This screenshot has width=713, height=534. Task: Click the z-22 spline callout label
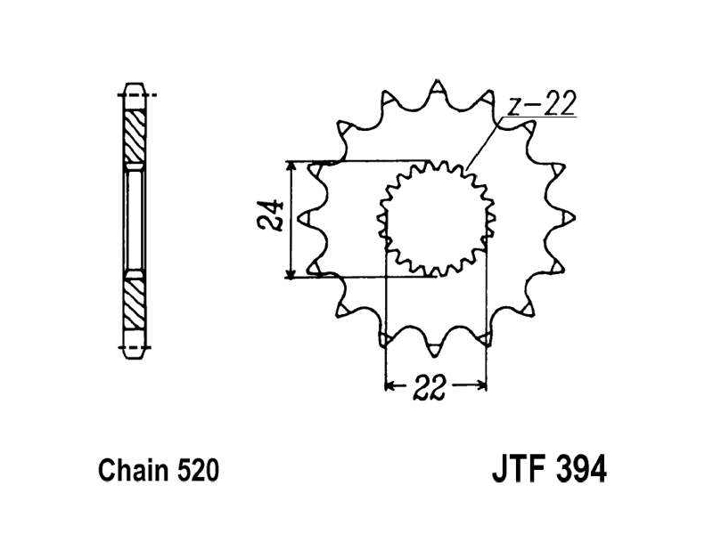coord(541,104)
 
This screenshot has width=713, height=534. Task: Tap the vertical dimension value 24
coord(271,215)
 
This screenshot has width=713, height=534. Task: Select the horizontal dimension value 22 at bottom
coord(429,387)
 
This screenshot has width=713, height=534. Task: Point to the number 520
coord(198,471)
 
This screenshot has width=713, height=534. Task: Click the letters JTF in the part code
coord(519,470)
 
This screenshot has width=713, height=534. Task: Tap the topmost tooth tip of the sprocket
coord(437,81)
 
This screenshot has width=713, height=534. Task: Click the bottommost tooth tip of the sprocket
coord(434,355)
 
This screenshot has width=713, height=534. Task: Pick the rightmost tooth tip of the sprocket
coord(575,218)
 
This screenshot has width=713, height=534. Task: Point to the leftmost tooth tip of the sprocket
coord(298,218)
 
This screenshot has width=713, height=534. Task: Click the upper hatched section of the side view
coord(135,135)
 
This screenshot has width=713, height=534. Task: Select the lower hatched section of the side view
coord(135,303)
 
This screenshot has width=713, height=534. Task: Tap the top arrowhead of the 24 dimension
coord(291,166)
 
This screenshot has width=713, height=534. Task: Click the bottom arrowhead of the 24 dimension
coord(291,272)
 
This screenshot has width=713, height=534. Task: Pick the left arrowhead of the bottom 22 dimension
coord(390,386)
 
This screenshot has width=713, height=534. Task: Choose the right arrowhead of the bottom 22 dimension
coord(481,386)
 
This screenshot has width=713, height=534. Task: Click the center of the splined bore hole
coord(436,219)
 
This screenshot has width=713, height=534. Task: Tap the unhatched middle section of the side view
coord(135,219)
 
